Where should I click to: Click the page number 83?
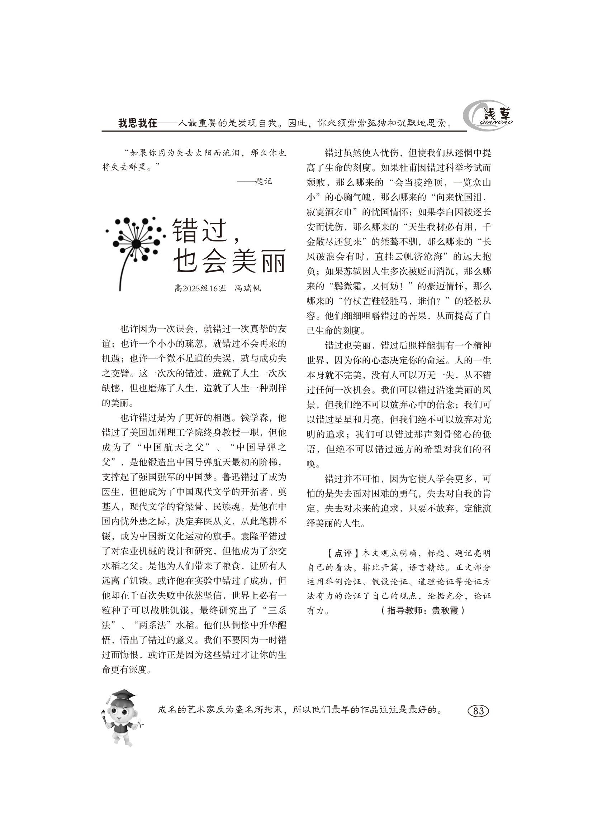478,711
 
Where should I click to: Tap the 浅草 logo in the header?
488,116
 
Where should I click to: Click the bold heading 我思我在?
138,123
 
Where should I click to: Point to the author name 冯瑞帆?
248,288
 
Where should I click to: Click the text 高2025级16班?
200,288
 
